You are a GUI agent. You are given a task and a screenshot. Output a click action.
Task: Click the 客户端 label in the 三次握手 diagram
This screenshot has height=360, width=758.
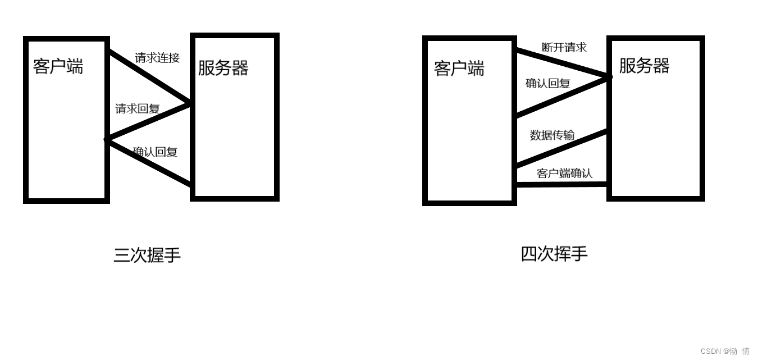coord(58,66)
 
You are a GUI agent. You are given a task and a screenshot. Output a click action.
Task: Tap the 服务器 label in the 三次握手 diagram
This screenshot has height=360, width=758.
coord(223,68)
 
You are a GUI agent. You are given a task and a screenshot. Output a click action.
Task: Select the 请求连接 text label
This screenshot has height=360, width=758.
coord(157,58)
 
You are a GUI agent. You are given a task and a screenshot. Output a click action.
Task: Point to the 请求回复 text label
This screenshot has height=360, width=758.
coord(138,109)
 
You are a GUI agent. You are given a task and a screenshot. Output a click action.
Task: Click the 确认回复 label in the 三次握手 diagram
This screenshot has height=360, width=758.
coord(155,152)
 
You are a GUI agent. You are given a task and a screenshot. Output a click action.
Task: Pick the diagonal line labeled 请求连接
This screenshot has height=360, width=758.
coord(149,78)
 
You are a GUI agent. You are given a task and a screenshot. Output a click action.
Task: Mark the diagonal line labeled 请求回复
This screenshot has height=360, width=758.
coord(149,120)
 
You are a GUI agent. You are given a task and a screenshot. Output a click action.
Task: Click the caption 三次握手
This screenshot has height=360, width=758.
coord(147,255)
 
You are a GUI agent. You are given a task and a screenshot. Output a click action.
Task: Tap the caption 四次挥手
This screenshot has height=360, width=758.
coord(554,254)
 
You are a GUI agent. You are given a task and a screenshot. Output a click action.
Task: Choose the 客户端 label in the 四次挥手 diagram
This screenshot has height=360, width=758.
coord(459,69)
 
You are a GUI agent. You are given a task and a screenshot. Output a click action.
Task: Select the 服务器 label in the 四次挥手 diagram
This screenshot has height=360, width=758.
coord(644,66)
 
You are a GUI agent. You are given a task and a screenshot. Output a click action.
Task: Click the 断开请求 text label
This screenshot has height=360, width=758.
coord(564,48)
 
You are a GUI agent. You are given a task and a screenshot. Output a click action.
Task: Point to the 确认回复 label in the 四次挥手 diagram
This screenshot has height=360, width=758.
coord(548,84)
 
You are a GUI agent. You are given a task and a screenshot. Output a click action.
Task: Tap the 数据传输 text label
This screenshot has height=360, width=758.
coord(552,135)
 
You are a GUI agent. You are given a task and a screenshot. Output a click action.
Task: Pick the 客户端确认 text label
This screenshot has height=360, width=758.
coord(564,173)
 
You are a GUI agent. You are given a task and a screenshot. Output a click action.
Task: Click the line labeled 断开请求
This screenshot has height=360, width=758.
coord(561,63)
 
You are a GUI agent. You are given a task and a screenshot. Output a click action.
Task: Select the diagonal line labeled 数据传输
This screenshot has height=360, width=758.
coord(561,148)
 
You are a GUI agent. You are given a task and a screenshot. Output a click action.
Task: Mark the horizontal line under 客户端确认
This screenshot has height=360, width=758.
coord(561,184)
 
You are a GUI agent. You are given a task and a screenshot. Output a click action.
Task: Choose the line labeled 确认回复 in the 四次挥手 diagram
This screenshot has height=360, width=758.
coord(561,97)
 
